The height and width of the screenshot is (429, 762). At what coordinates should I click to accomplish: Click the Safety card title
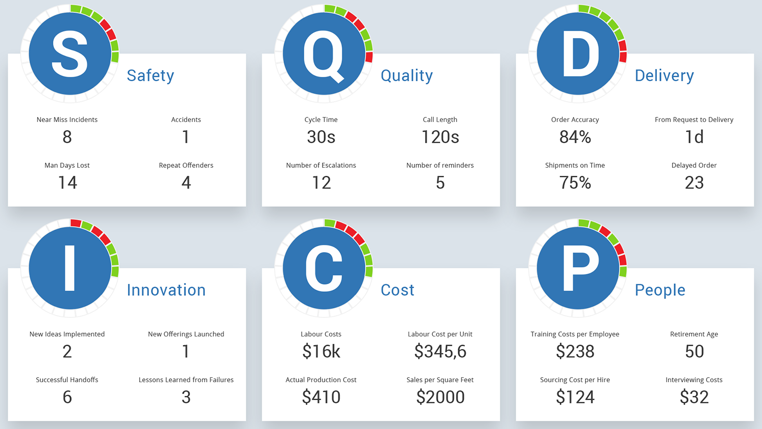150,75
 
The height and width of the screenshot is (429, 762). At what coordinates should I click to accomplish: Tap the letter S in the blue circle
70,54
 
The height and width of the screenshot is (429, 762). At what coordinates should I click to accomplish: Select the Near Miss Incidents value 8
67,137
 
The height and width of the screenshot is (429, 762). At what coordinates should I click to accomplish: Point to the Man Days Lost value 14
67,182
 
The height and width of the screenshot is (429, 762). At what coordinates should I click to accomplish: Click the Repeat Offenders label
186,165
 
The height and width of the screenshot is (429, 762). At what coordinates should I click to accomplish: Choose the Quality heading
406,75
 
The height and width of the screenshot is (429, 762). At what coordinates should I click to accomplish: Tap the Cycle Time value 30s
321,137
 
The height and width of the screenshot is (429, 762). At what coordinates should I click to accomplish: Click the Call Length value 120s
440,137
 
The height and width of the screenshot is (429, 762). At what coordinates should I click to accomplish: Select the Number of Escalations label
321,165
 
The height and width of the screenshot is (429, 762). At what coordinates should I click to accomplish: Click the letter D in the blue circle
580,54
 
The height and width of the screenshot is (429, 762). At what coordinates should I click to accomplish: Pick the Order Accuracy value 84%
575,137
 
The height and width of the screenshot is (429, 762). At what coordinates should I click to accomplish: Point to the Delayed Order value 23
694,182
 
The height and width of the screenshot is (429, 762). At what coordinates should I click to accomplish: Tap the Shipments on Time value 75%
575,182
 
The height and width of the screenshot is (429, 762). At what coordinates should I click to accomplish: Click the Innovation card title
166,290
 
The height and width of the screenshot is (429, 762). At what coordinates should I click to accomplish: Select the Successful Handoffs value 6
67,397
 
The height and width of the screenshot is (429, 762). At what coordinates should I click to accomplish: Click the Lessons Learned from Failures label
186,380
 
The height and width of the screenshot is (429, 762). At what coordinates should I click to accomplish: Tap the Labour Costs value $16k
321,351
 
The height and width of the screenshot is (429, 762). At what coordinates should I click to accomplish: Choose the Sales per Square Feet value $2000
440,397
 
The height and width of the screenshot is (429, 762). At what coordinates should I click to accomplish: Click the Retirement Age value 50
694,351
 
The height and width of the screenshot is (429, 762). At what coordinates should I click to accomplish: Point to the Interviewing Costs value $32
694,397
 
